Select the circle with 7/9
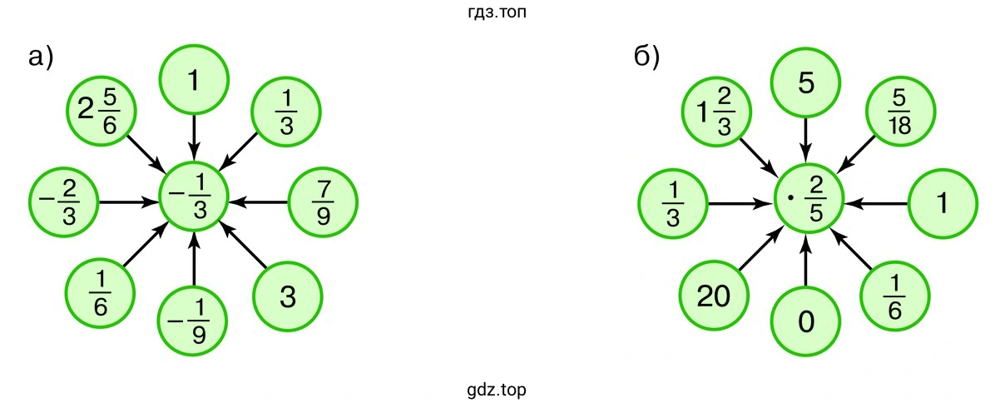click(x=324, y=202)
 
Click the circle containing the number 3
click(x=288, y=296)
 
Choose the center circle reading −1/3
click(x=194, y=202)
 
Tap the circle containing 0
click(x=806, y=321)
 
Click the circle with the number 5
click(x=806, y=85)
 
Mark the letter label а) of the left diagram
click(x=40, y=57)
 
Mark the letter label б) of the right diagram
click(x=646, y=57)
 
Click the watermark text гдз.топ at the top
click(x=496, y=12)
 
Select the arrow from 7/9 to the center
click(x=259, y=202)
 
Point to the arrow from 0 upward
click(x=806, y=262)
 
